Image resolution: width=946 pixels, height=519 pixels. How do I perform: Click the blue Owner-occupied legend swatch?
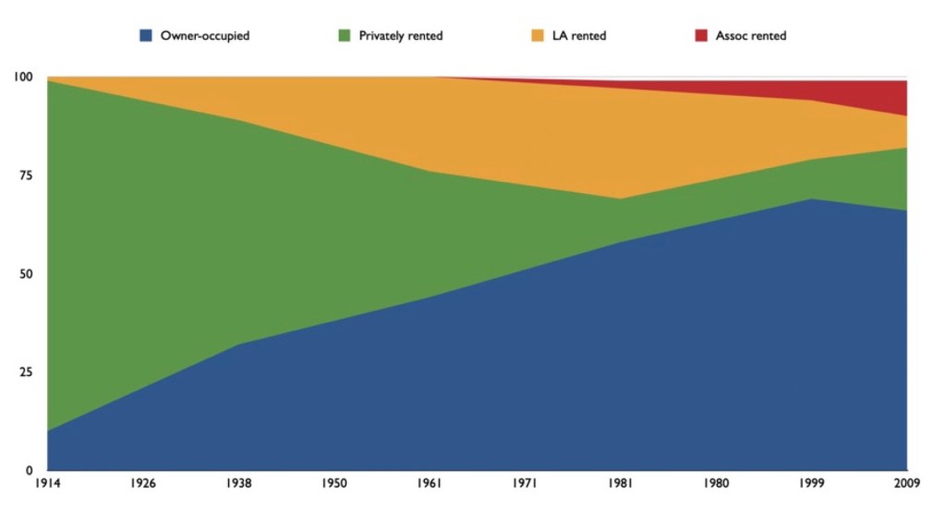pos(145,36)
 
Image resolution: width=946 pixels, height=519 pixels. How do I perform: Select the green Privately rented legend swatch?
pos(344,36)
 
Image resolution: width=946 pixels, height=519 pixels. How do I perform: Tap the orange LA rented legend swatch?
pos(536,36)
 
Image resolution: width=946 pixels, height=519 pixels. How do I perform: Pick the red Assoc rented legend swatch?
pos(700,36)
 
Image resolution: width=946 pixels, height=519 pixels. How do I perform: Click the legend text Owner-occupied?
pos(205,36)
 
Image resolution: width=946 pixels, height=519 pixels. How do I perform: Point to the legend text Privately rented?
pos(401,36)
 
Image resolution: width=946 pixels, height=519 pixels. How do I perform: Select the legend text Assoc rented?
pos(751,36)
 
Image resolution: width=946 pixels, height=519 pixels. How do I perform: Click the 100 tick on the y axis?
pos(22,77)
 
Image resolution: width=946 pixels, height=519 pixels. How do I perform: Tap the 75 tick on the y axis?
pos(25,175)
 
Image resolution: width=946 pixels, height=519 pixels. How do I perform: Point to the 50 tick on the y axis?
pos(25,274)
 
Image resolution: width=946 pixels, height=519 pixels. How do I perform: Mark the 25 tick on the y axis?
pos(25,372)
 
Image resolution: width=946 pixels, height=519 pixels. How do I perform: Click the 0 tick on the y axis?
pos(29,470)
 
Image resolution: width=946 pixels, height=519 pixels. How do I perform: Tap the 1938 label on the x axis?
pos(238,484)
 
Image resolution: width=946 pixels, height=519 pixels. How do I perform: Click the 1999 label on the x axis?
pos(811,484)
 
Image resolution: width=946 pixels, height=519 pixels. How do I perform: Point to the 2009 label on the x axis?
pos(906,484)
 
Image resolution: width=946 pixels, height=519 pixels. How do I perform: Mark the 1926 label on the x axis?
pos(142,484)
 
